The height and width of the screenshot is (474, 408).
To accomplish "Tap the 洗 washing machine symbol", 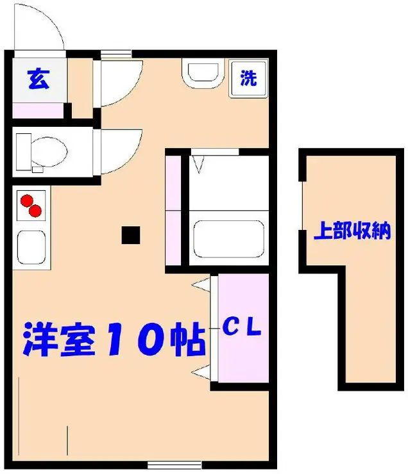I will [248, 79].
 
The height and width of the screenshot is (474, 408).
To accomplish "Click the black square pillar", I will [132, 235].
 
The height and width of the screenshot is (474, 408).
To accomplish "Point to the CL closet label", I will [242, 328].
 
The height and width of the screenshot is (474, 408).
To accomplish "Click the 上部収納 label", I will [352, 231].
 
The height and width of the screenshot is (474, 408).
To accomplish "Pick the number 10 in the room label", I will [140, 338].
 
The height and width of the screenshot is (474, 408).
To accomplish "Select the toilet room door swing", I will [119, 151].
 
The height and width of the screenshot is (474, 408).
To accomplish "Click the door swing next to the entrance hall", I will [119, 82].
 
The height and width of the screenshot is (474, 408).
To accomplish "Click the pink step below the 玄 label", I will [38, 110].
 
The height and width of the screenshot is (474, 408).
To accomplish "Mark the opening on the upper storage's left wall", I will [302, 209].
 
